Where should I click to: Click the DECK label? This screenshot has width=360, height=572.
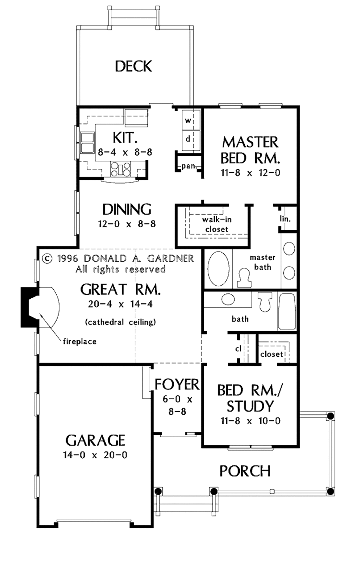(x=133, y=66)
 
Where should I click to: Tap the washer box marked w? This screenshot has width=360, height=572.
(x=190, y=120)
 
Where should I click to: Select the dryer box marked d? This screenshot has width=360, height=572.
(x=190, y=139)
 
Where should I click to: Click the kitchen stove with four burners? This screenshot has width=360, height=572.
(x=121, y=169)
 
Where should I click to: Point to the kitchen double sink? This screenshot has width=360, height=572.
(x=87, y=142)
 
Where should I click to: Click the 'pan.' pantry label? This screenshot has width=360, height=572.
(x=189, y=166)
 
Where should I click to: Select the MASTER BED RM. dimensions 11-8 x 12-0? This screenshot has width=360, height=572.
(x=250, y=173)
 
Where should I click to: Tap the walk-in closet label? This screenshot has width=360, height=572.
(x=217, y=224)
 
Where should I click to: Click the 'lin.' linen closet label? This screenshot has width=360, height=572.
(x=285, y=219)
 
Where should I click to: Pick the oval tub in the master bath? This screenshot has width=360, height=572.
(x=218, y=268)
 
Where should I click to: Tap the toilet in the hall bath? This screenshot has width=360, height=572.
(x=265, y=302)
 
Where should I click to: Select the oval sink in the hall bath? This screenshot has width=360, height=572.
(x=228, y=299)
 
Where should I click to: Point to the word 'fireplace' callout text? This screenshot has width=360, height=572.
(x=79, y=341)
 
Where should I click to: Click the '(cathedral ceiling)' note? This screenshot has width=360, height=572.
(x=120, y=322)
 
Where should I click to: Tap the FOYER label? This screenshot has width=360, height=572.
(x=177, y=384)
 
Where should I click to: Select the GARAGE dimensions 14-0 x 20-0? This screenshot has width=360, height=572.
(x=95, y=455)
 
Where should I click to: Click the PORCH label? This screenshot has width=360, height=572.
(x=245, y=471)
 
